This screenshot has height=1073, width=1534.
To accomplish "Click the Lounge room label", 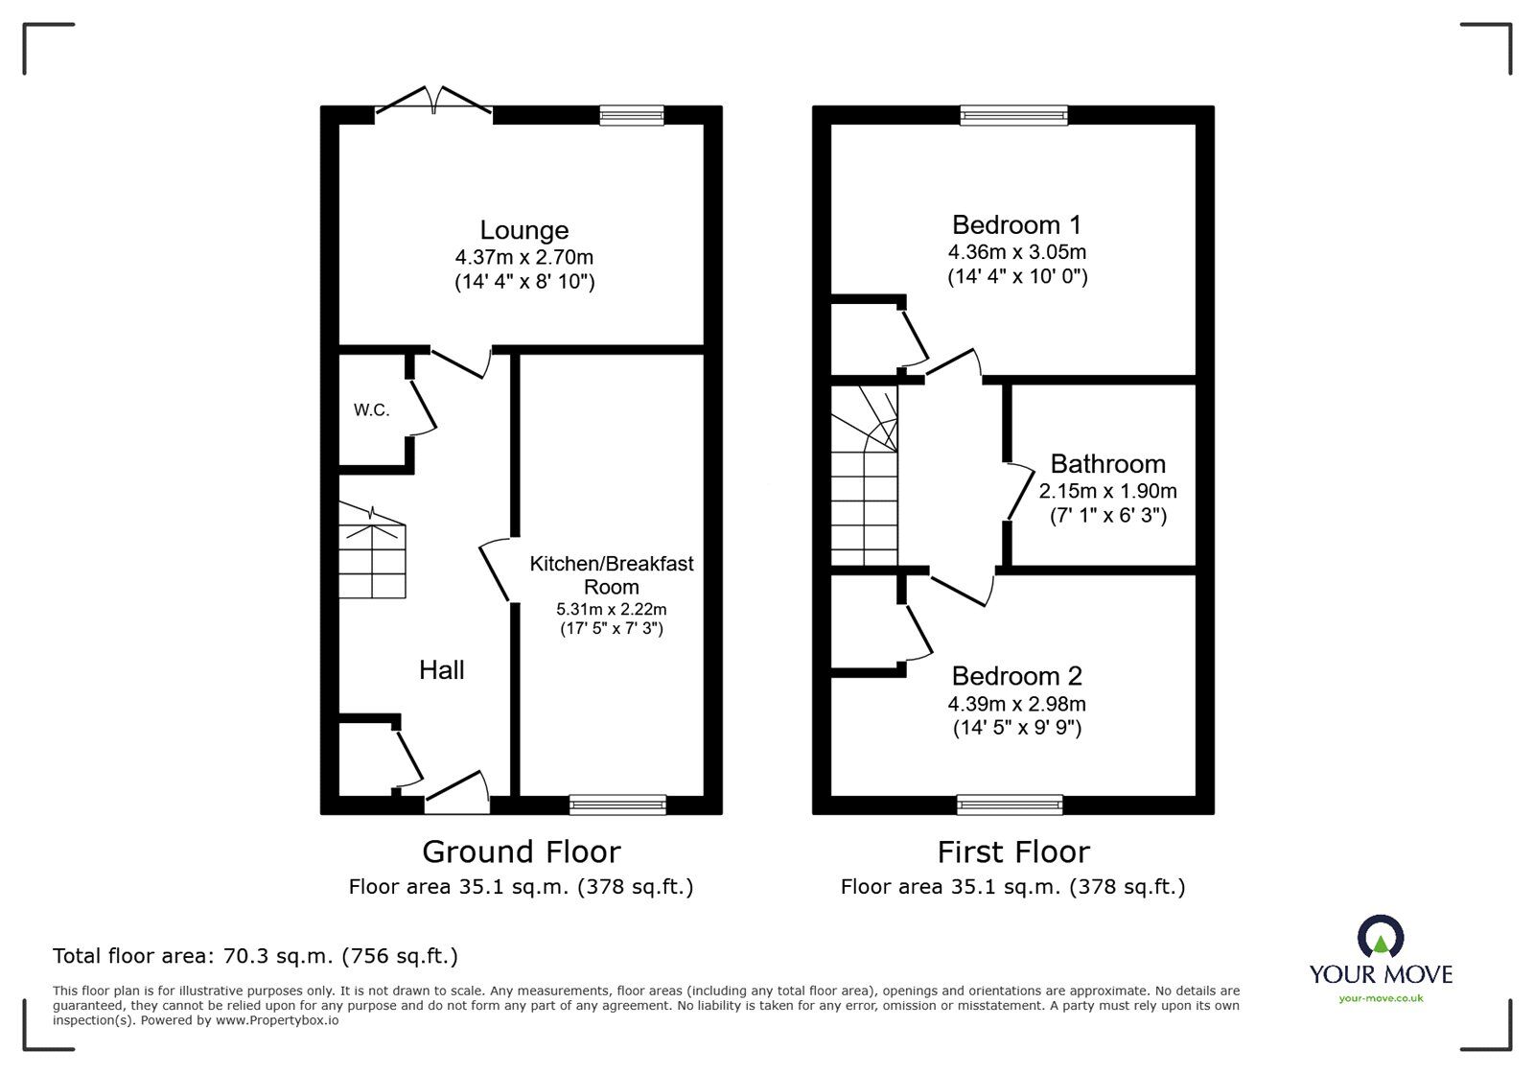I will tap(523, 230).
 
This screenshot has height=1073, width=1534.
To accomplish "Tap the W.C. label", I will tap(371, 410).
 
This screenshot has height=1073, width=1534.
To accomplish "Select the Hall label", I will tap(441, 669).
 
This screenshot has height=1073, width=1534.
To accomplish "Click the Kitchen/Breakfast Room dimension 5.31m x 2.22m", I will tap(611, 609).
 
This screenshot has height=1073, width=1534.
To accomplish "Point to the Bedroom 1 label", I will tap(1016, 224).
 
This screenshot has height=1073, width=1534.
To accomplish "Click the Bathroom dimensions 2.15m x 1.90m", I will tap(1107, 491).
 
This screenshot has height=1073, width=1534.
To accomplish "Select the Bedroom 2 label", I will tap(1016, 675).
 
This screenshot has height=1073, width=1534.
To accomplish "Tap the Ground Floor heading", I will tap(521, 851).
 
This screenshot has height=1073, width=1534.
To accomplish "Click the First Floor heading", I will tap(1012, 851).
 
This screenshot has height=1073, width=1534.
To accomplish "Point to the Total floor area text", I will tap(255, 956).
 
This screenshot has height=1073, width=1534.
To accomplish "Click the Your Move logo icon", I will tap(1380, 938).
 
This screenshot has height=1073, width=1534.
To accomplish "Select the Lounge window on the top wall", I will tap(632, 115).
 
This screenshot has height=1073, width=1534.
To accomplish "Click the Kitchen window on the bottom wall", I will tap(617, 805).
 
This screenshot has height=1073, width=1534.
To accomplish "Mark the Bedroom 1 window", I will tap(1014, 115).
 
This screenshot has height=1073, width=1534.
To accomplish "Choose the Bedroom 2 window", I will tap(1010, 805).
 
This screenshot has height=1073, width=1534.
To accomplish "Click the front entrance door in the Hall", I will tap(457, 794).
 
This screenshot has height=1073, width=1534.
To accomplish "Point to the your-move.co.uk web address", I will tap(1381, 999).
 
